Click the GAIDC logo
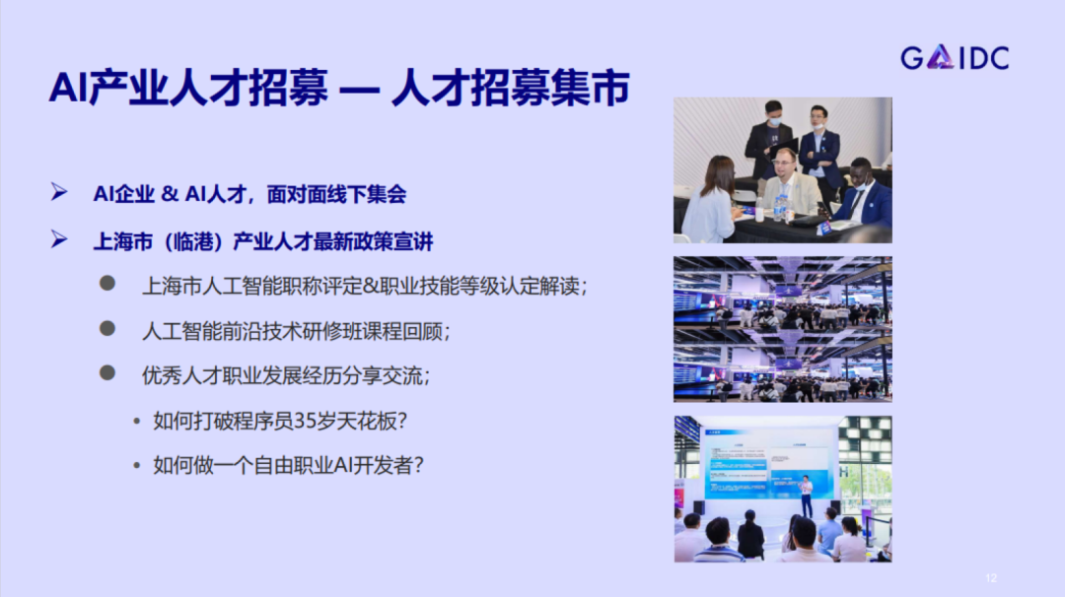tap(955, 58)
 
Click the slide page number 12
tap(991, 577)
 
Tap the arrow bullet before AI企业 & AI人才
tap(59, 193)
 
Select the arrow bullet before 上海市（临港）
tap(59, 240)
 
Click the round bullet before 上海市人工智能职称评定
tap(107, 284)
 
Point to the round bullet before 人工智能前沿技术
tap(107, 329)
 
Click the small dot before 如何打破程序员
tap(137, 421)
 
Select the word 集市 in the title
tap(590, 90)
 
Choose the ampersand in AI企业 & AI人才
tap(169, 194)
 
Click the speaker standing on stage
tap(806, 496)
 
